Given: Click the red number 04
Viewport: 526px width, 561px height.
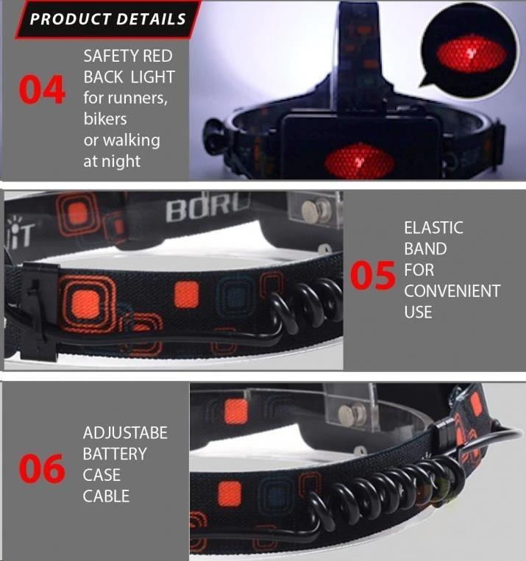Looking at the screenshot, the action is [42, 90].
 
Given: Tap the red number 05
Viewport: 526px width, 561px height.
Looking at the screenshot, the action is [373, 275].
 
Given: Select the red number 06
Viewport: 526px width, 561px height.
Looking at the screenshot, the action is [42, 468].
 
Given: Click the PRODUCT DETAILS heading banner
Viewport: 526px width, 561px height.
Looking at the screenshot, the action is [107, 19].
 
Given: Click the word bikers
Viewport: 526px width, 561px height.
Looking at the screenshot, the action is [105, 119].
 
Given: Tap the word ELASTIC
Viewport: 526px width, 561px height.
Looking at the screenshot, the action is [433, 228].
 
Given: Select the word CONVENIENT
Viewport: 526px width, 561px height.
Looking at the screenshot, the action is [452, 291].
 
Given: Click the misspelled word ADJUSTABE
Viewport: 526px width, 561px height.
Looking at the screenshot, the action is [125, 433].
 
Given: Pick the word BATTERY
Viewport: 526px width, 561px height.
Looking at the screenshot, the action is [115, 454].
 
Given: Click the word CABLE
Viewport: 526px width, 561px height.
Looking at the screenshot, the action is [106, 496].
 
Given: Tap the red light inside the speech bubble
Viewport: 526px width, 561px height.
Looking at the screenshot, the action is [472, 54].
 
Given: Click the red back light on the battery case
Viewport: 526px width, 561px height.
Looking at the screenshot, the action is [360, 162].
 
